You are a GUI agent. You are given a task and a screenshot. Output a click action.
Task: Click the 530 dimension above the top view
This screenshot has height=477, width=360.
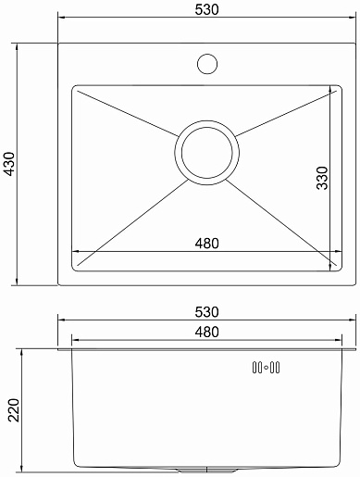point(206,9)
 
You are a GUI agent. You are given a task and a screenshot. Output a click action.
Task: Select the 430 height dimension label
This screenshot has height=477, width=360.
point(10,164)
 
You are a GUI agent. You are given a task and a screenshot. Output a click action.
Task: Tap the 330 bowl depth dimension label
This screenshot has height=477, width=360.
point(322,178)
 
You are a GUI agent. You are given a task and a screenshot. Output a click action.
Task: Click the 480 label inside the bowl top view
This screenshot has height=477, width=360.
point(206,244)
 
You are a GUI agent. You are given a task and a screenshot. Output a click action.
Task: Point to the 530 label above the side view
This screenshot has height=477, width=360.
point(206,312)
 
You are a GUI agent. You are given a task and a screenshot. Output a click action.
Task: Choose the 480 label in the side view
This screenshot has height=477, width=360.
point(206,332)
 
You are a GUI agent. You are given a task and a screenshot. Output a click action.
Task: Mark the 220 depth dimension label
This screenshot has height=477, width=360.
point(14,410)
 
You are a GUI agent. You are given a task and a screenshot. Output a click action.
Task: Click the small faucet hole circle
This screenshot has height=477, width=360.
point(207,64)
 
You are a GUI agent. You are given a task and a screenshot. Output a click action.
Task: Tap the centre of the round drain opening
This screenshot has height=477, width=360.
point(206,153)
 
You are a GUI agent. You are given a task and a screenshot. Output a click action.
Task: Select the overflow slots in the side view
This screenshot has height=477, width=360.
point(266,368)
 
